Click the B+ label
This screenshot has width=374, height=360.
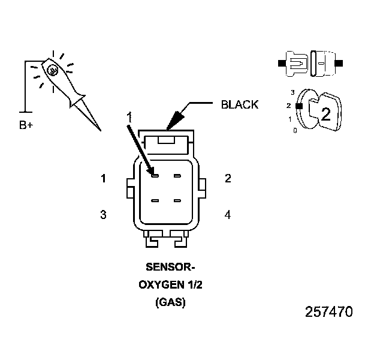tap(26, 125)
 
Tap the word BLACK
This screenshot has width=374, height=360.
tap(240, 104)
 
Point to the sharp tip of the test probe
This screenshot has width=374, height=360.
tap(100, 130)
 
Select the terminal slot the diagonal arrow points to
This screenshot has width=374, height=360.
tap(155, 175)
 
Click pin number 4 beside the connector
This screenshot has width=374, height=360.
tap(227, 214)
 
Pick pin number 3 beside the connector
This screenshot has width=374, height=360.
tap(104, 214)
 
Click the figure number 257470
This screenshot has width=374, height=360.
tap(328, 312)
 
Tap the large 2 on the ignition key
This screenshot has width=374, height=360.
tap(325, 115)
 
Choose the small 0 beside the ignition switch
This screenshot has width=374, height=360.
tap(295, 130)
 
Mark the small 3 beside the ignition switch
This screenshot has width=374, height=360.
tap(291, 92)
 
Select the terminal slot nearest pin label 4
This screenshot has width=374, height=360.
tap(177, 200)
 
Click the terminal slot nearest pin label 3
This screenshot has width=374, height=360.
tap(155, 200)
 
